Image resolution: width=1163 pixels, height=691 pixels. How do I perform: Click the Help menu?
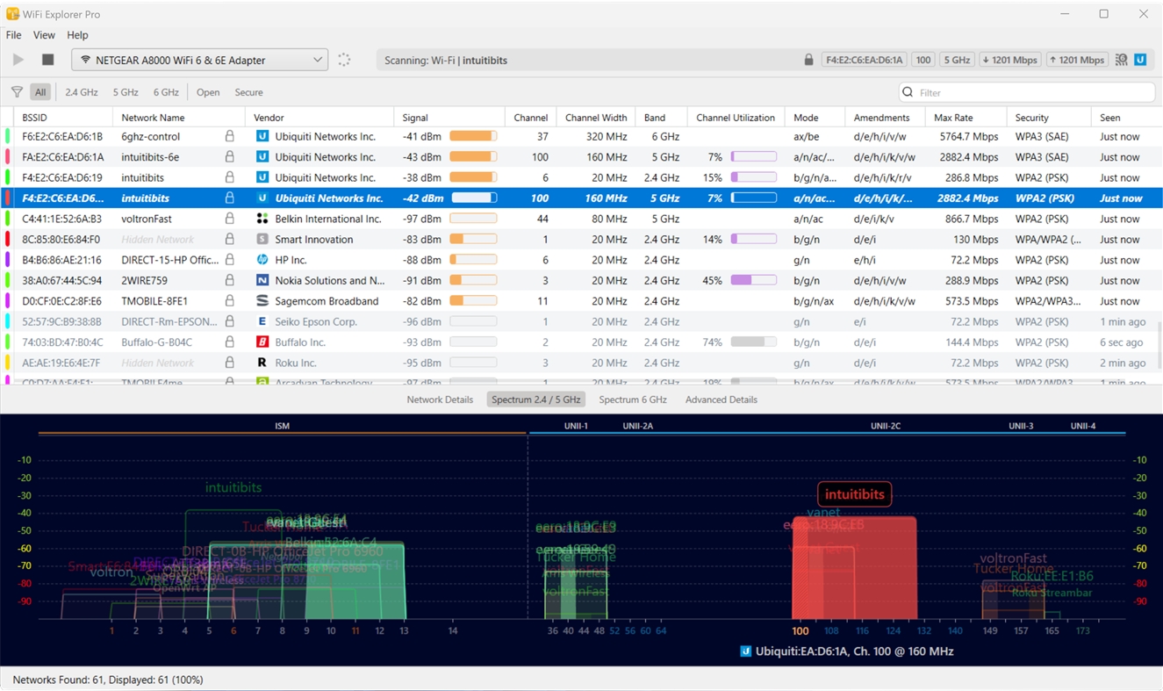click(x=77, y=35)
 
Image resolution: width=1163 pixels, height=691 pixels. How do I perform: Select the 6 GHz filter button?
click(x=165, y=92)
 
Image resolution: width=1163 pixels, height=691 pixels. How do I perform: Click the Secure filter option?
click(x=248, y=92)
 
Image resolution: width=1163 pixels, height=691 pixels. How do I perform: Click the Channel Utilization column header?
click(x=735, y=118)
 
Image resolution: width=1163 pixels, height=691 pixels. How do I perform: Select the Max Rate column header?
click(x=954, y=118)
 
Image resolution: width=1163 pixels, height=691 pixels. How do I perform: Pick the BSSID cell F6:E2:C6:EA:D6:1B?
click(x=62, y=137)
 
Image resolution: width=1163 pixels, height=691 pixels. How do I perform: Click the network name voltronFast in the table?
click(x=147, y=219)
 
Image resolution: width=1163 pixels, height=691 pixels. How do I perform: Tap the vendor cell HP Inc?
click(x=291, y=260)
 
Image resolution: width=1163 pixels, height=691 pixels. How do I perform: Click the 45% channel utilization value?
click(x=713, y=281)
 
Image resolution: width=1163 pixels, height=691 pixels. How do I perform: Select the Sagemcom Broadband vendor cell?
click(x=327, y=301)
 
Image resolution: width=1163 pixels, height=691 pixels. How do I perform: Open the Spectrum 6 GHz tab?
click(x=633, y=399)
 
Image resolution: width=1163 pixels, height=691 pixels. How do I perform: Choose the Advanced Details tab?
click(x=721, y=399)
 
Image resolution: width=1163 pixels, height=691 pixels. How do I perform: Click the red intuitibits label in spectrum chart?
click(x=854, y=494)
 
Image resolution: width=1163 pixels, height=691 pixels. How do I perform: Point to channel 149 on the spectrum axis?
click(x=990, y=630)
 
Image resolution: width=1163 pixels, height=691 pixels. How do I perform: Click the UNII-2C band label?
click(x=886, y=426)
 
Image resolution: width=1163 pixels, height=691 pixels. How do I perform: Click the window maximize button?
click(x=1103, y=14)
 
